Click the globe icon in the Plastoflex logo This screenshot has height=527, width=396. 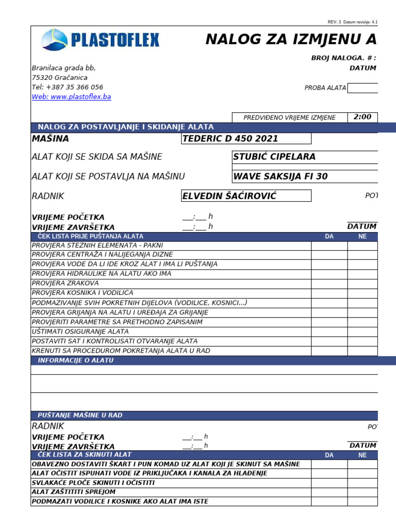point(54,40)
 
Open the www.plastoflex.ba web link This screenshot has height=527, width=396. point(71,97)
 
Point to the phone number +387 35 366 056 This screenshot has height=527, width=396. point(67,87)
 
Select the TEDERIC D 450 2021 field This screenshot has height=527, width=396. point(246,138)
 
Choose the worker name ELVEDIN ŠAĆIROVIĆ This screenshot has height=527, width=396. point(246,196)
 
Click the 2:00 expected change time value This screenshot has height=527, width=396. point(362,117)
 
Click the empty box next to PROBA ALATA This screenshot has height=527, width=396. point(362,87)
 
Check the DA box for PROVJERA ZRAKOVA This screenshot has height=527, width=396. point(329,283)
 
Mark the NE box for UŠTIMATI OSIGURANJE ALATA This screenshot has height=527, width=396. point(362,331)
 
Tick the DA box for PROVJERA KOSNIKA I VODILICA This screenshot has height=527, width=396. point(329,293)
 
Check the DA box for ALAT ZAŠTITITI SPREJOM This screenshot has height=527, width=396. point(329,492)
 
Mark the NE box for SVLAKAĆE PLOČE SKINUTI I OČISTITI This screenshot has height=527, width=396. point(362,483)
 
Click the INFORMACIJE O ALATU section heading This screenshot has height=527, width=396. point(75,360)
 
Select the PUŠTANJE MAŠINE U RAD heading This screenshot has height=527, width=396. point(80,415)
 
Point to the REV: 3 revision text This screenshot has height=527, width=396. point(334,22)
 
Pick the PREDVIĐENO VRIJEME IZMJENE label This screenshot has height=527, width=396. point(289,118)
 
